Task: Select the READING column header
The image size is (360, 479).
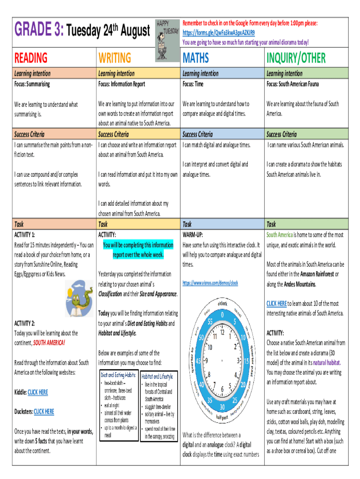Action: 31,58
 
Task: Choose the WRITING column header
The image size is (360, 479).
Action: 115,58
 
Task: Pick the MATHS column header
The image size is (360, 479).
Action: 195,58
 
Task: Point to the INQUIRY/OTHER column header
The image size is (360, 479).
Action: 295,58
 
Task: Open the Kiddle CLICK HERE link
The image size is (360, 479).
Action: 38,392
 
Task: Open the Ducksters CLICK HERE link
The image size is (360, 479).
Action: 44,412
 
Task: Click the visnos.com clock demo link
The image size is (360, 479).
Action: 210,283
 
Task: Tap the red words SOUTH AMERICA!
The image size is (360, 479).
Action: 49,343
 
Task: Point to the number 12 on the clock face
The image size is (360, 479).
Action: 222,332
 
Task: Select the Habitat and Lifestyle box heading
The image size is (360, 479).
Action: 157,376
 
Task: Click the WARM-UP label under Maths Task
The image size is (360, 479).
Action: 193,234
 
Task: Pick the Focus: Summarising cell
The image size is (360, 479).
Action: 32,84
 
